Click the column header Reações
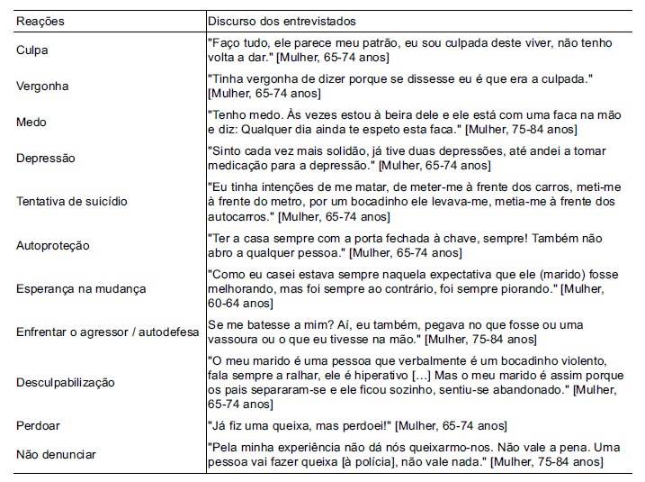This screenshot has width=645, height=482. (x=40, y=20)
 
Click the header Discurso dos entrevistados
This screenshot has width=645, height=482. (x=282, y=20)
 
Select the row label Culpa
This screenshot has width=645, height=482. (x=32, y=50)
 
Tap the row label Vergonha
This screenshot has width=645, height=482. (x=42, y=86)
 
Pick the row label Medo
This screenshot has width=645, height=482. (x=31, y=122)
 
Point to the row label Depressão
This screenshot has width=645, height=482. (x=46, y=158)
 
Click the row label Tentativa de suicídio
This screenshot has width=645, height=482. (x=71, y=201)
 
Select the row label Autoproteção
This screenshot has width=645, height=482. (x=53, y=245)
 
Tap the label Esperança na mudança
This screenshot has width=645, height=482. (x=81, y=288)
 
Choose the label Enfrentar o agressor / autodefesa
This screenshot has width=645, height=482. (x=107, y=332)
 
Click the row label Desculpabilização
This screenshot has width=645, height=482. (x=66, y=382)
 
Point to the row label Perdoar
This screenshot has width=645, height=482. (x=38, y=425)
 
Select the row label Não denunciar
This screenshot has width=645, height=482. (x=56, y=454)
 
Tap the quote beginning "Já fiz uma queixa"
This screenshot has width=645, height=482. (x=357, y=425)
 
